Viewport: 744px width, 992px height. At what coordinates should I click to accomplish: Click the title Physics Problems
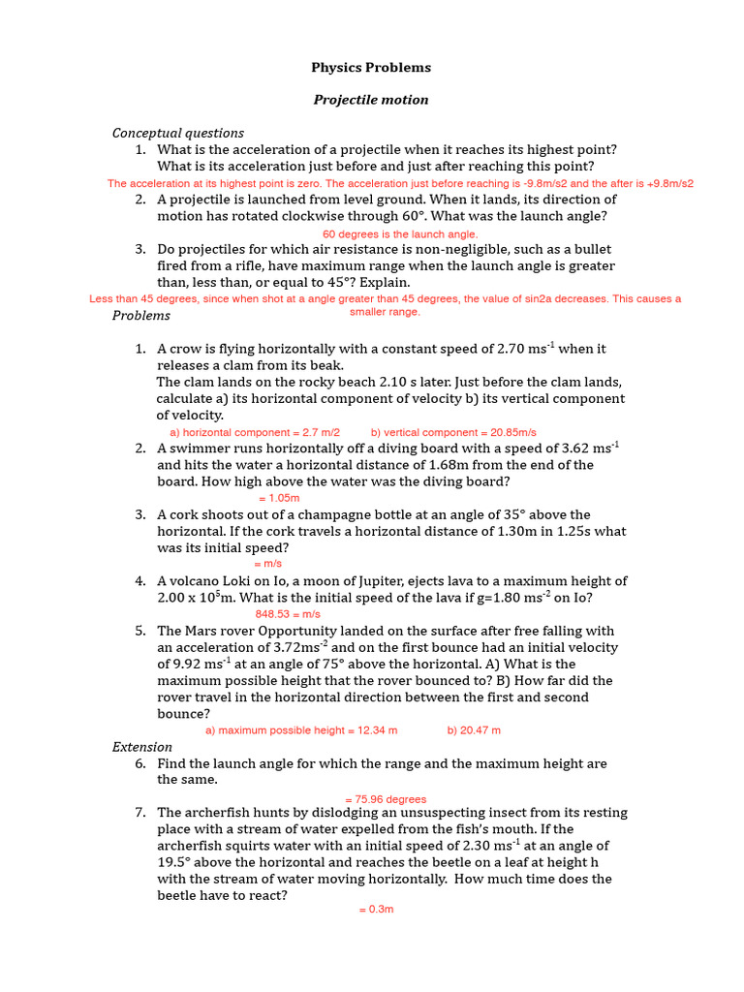click(371, 68)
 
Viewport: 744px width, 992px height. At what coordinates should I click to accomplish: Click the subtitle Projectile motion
click(371, 100)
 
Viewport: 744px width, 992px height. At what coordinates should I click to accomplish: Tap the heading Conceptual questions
click(178, 133)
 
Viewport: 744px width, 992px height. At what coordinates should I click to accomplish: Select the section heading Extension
click(142, 747)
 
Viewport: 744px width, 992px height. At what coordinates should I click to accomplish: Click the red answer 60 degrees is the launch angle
click(400, 234)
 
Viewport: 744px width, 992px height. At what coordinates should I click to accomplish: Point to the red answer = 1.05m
click(279, 498)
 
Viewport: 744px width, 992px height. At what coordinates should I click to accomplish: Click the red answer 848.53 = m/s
click(288, 614)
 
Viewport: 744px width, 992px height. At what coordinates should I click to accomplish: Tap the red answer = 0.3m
click(376, 910)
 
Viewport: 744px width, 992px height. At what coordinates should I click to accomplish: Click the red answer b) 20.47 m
click(474, 730)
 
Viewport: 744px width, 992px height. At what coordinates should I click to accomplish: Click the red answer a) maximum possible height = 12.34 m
click(301, 730)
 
